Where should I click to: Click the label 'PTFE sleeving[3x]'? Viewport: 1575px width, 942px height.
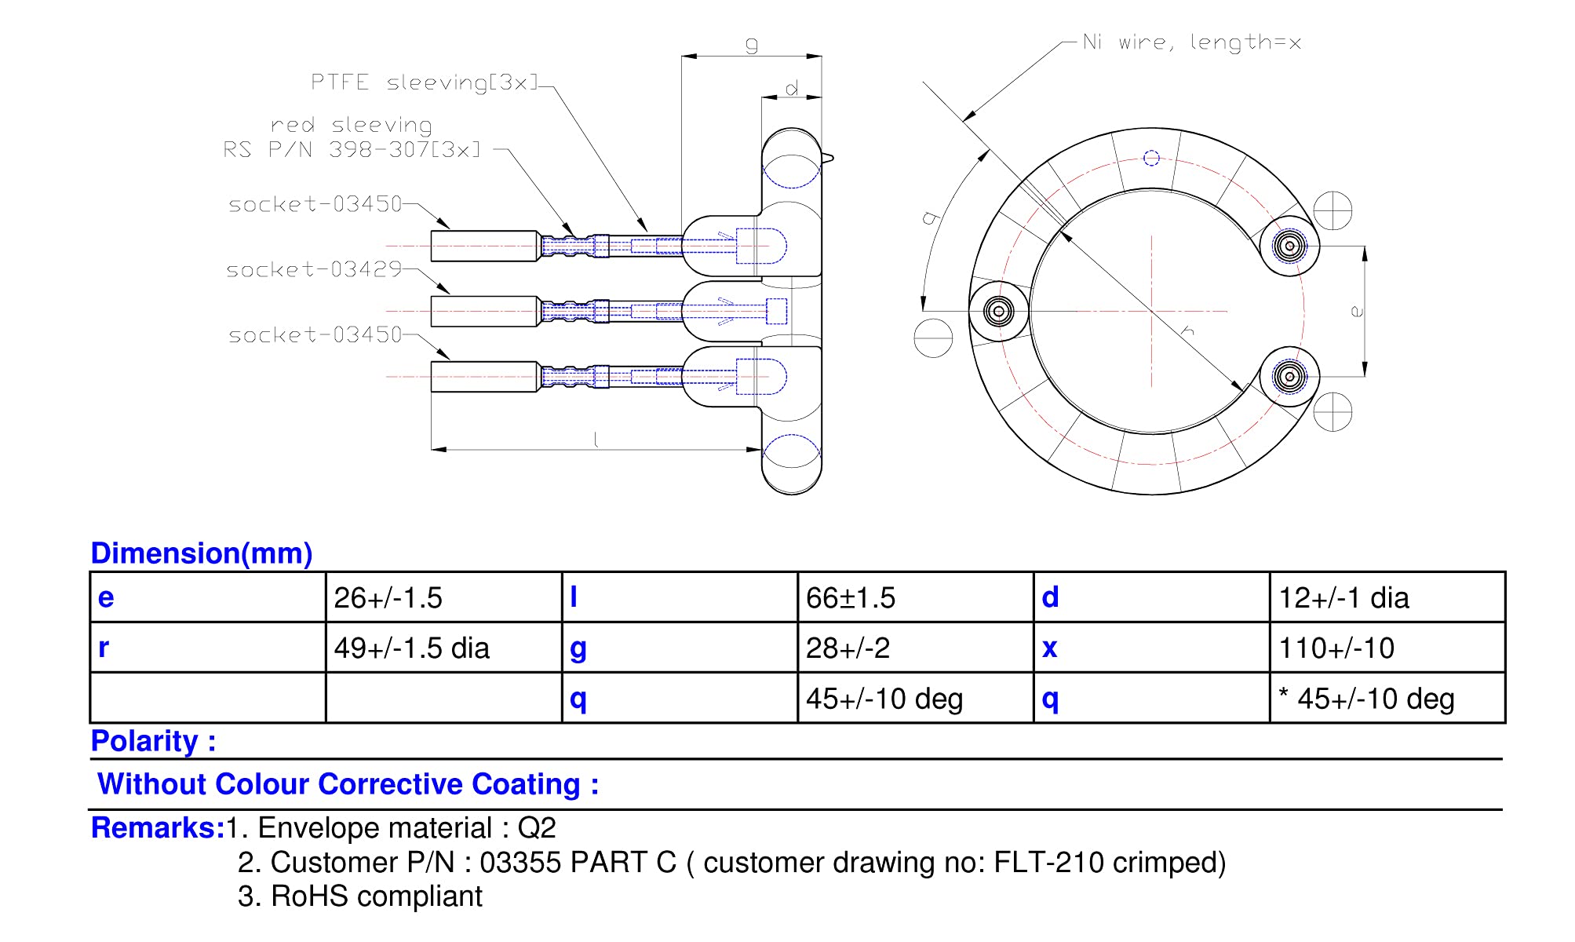(x=425, y=82)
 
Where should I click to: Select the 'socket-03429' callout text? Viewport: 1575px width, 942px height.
(x=314, y=270)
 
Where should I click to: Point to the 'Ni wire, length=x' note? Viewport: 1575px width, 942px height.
(x=1192, y=42)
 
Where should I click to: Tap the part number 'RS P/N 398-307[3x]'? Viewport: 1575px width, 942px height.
(x=352, y=149)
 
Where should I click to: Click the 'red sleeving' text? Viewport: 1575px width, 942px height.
(x=352, y=126)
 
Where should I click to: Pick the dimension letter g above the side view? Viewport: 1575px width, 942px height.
(x=752, y=44)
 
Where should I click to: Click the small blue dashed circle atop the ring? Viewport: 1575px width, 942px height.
(x=1151, y=159)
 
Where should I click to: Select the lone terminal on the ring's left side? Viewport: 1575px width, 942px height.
(x=998, y=311)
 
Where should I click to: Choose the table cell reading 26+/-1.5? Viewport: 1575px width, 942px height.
(x=388, y=598)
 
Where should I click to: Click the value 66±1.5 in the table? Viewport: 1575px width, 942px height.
(x=851, y=598)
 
